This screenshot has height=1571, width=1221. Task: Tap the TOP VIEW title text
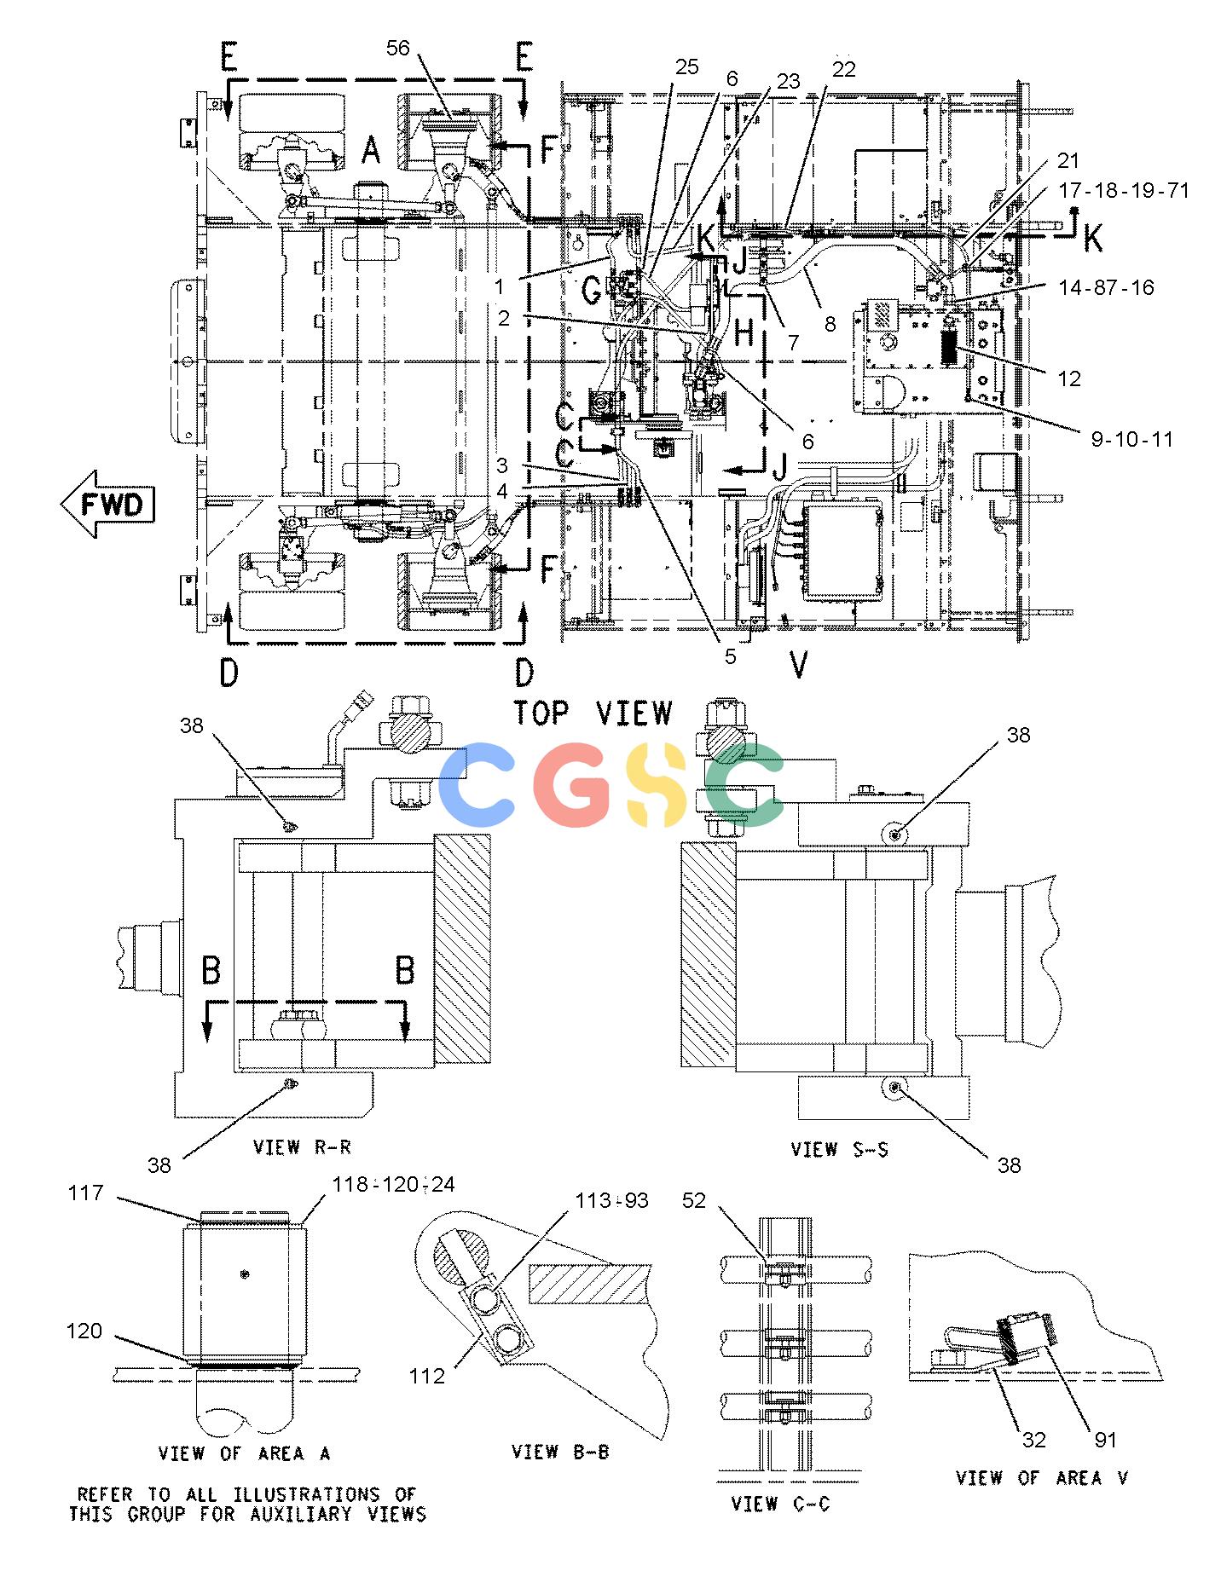(x=593, y=713)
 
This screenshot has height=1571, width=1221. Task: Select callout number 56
(x=398, y=49)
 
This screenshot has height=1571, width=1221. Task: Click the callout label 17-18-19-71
(x=1123, y=190)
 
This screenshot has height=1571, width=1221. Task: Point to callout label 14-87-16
(x=1106, y=287)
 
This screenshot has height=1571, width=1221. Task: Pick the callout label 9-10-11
(x=1131, y=440)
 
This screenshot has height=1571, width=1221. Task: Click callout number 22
(x=843, y=69)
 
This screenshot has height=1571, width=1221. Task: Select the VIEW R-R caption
(x=302, y=1146)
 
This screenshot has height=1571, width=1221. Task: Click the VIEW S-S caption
(x=839, y=1149)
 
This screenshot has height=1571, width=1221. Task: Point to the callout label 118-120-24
(x=393, y=1184)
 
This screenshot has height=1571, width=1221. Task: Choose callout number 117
(x=85, y=1193)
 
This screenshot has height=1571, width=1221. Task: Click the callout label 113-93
(x=611, y=1201)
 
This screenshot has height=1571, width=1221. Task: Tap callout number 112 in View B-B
(x=427, y=1375)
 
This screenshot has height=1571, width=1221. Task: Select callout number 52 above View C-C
(x=694, y=1200)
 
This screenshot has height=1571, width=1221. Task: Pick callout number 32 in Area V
(x=1033, y=1440)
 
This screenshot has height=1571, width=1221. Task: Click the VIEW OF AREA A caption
(x=244, y=1453)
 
